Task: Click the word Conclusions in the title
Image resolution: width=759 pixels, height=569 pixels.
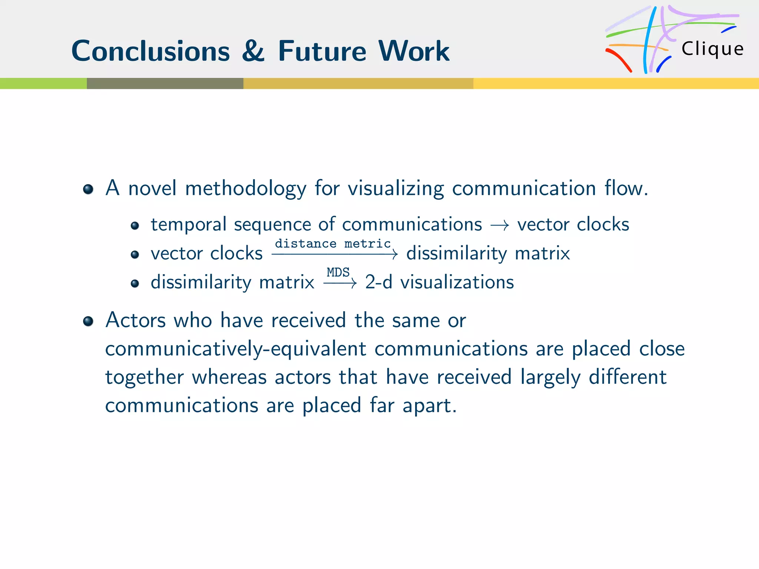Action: coord(150,51)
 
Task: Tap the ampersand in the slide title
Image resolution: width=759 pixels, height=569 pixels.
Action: coord(253,51)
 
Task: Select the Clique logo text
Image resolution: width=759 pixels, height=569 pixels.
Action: coord(712,49)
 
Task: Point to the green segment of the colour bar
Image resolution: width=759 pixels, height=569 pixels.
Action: coord(43,83)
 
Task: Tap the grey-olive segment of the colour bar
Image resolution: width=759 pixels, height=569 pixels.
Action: coord(165,83)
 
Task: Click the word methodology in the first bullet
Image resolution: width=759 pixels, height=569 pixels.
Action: coord(245,188)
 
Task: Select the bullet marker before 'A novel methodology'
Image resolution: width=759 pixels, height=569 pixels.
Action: coord(88,189)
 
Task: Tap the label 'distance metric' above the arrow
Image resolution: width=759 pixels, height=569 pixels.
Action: coord(332,244)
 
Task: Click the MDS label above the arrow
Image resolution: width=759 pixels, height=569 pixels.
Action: coord(338,272)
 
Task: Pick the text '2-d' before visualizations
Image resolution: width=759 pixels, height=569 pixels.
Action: coord(378,282)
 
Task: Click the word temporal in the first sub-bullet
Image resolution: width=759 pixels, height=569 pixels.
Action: coord(188,224)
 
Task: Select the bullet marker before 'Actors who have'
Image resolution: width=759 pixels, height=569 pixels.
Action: coord(88,321)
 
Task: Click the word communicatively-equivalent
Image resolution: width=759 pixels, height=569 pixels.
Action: coord(235,349)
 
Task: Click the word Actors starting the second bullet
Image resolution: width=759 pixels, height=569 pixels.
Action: coord(135,320)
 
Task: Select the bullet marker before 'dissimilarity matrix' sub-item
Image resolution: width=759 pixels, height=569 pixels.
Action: coord(135,284)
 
